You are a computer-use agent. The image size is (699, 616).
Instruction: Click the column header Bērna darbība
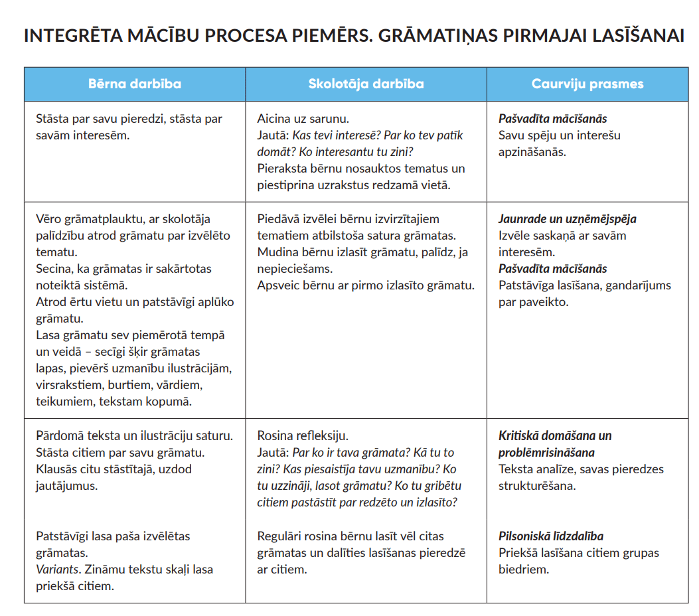135,84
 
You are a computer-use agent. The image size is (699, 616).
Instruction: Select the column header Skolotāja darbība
366,84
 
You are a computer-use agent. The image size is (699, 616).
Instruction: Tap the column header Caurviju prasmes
587,84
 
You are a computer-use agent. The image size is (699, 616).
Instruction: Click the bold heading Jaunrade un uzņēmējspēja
568,218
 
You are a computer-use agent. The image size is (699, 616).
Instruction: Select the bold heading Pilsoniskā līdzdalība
551,536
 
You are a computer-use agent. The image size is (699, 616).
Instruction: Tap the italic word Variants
58,570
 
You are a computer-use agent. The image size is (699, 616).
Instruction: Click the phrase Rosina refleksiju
303,436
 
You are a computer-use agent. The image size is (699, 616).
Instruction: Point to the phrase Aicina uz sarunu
303,119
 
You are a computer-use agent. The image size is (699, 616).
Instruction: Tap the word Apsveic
278,285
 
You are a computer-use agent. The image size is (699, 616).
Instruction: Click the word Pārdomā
62,436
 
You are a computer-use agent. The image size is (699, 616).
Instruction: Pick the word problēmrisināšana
546,453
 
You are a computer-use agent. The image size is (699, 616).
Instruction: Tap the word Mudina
277,252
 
